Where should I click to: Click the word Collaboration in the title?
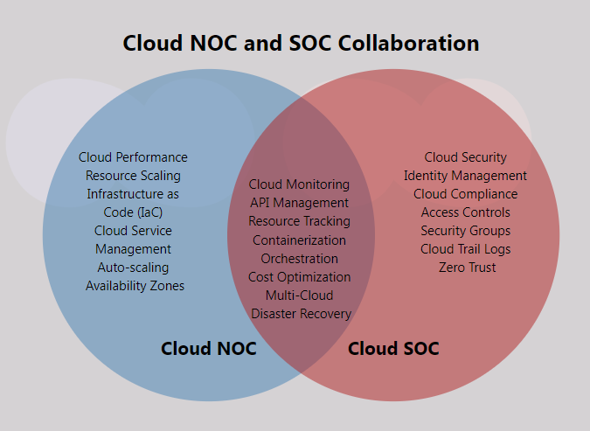(x=409, y=43)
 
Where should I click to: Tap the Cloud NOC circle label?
(x=208, y=349)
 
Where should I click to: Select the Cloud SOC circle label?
(x=393, y=349)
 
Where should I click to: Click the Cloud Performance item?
(x=133, y=157)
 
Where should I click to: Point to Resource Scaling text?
(x=133, y=176)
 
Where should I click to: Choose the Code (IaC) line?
(x=133, y=212)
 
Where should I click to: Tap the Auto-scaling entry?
(x=133, y=268)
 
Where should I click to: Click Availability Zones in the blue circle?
(x=135, y=286)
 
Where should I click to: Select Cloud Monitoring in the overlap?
(x=299, y=184)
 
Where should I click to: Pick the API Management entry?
(x=299, y=203)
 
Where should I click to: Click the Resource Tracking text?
(x=299, y=221)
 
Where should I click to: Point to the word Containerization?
(x=299, y=240)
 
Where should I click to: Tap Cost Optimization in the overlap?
(x=299, y=277)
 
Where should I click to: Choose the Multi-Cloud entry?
(x=299, y=295)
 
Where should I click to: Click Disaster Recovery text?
(x=301, y=314)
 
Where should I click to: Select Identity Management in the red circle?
(x=465, y=176)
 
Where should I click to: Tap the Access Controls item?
(x=466, y=212)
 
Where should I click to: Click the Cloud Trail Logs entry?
(x=466, y=249)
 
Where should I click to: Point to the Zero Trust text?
(x=467, y=268)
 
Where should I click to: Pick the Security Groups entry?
(x=466, y=231)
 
